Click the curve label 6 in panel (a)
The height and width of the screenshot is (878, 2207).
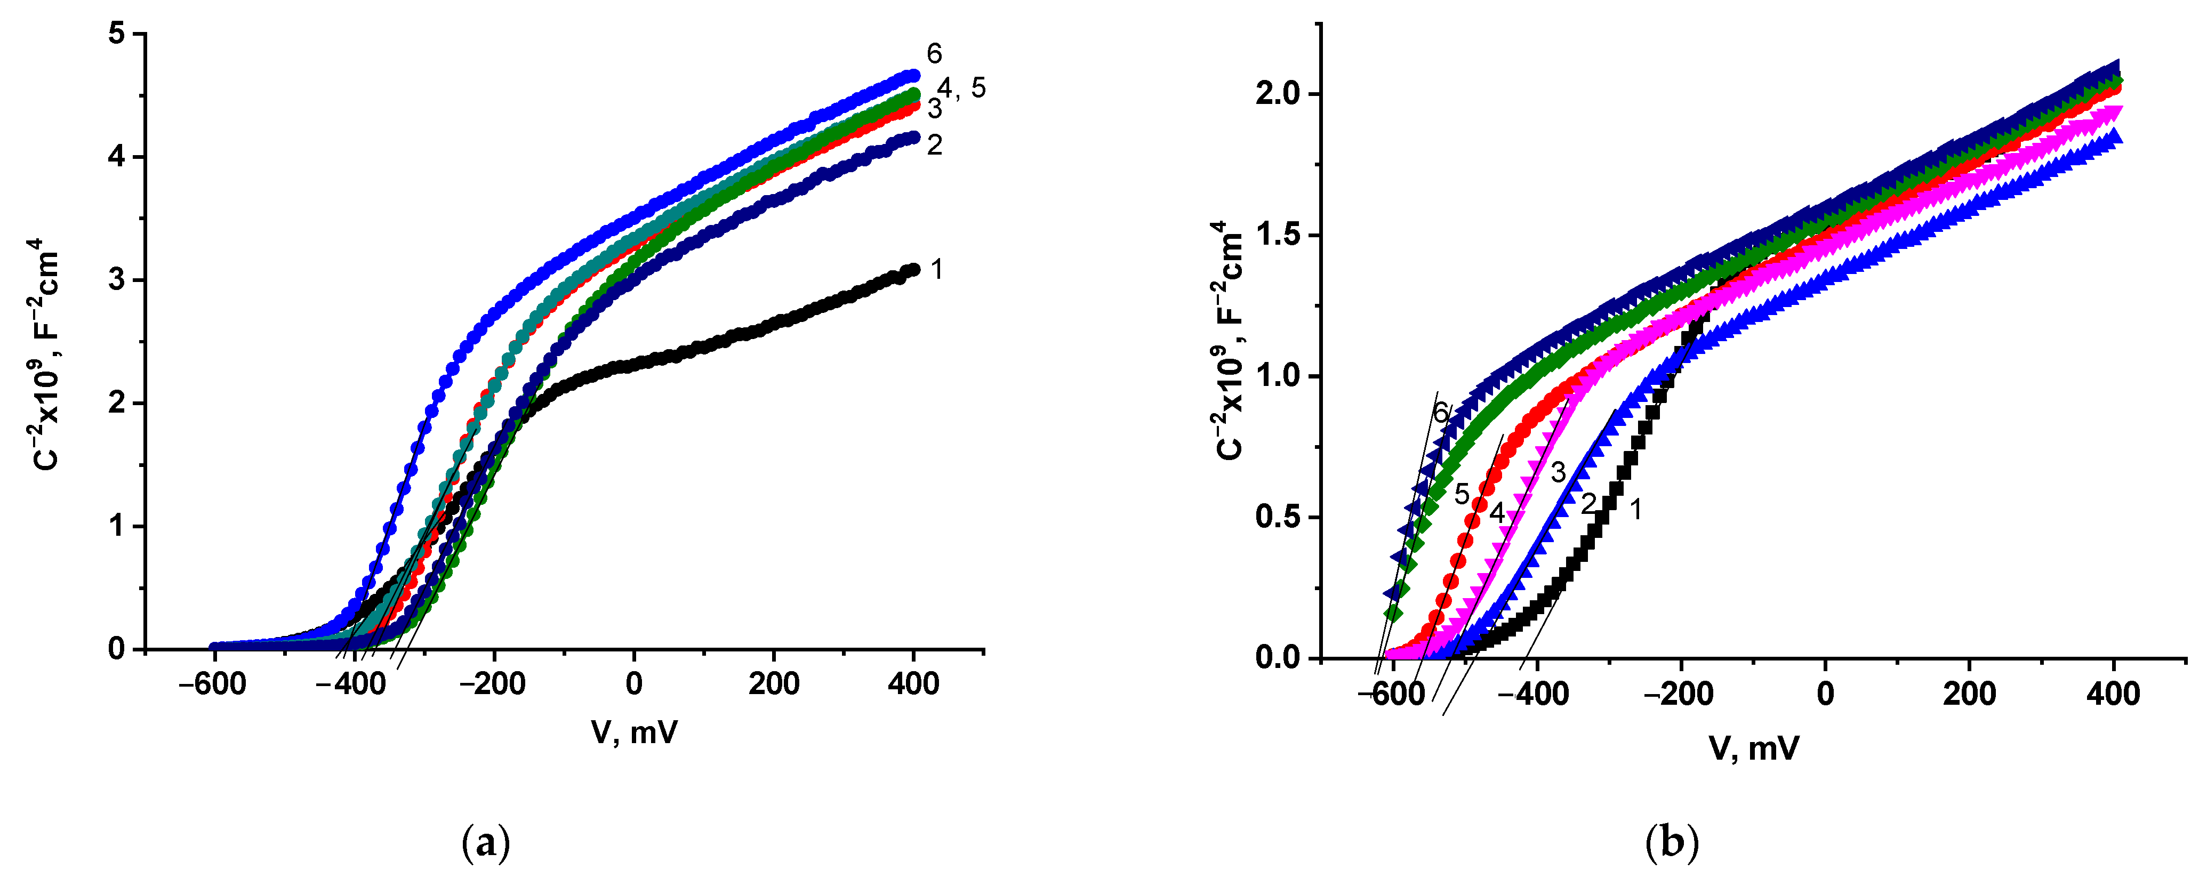pos(934,54)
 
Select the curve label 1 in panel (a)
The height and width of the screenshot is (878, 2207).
pos(936,270)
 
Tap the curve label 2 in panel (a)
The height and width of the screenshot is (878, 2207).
pos(934,145)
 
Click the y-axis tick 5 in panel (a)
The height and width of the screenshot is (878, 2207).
pos(117,34)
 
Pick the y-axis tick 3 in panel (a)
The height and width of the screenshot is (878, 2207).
pos(117,280)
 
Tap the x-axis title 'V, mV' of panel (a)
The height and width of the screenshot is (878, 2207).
pos(634,732)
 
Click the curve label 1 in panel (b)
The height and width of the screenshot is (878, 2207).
pos(1635,510)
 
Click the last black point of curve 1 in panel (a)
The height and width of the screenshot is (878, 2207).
pos(913,269)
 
